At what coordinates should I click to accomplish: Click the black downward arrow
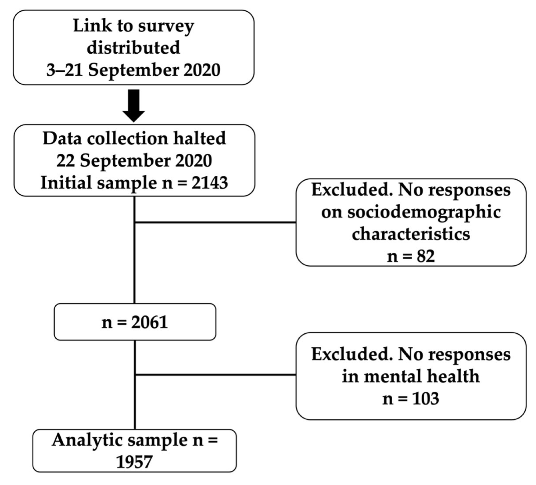coord(134,105)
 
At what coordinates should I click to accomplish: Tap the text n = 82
coord(411,256)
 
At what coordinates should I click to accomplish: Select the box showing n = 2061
coord(135,322)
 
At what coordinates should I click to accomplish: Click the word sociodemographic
coord(411,212)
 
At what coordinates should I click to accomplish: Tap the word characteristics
coord(411,234)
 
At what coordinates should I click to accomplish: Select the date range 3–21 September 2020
coord(133,70)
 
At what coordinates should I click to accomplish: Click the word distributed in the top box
coord(133,48)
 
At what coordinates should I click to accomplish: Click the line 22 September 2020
coord(134,161)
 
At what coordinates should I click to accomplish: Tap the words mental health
coord(411,377)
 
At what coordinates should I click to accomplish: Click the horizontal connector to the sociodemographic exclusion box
coord(215,222)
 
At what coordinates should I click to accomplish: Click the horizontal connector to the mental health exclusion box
coord(215,375)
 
